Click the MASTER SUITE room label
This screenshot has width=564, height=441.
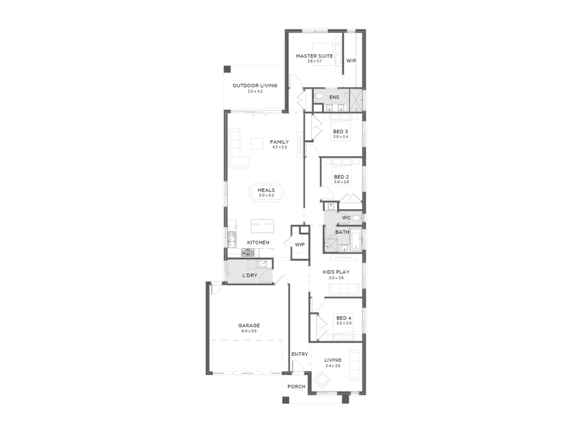(x=314, y=56)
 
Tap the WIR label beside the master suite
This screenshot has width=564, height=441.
(x=351, y=60)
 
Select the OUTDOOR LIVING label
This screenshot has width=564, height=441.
(x=255, y=86)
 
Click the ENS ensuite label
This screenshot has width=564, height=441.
(x=334, y=97)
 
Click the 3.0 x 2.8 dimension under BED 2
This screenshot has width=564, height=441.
(x=341, y=182)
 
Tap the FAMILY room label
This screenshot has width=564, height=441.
(x=280, y=142)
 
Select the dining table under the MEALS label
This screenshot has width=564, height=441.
(x=266, y=194)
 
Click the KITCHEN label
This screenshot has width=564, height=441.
(x=258, y=243)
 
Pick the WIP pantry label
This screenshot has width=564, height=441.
(x=300, y=244)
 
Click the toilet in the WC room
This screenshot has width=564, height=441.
(x=357, y=218)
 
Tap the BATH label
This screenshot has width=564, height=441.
(x=343, y=232)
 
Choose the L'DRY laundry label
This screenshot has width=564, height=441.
(x=250, y=275)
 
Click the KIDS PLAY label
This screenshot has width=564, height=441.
(x=336, y=272)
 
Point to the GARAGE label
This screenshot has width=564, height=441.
(x=249, y=326)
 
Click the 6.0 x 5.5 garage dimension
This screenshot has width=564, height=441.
(x=249, y=331)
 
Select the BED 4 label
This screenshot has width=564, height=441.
(x=344, y=318)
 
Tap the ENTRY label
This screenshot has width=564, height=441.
(x=300, y=354)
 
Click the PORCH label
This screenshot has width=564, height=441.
(x=296, y=387)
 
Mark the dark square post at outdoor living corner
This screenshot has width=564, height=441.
(x=227, y=69)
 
